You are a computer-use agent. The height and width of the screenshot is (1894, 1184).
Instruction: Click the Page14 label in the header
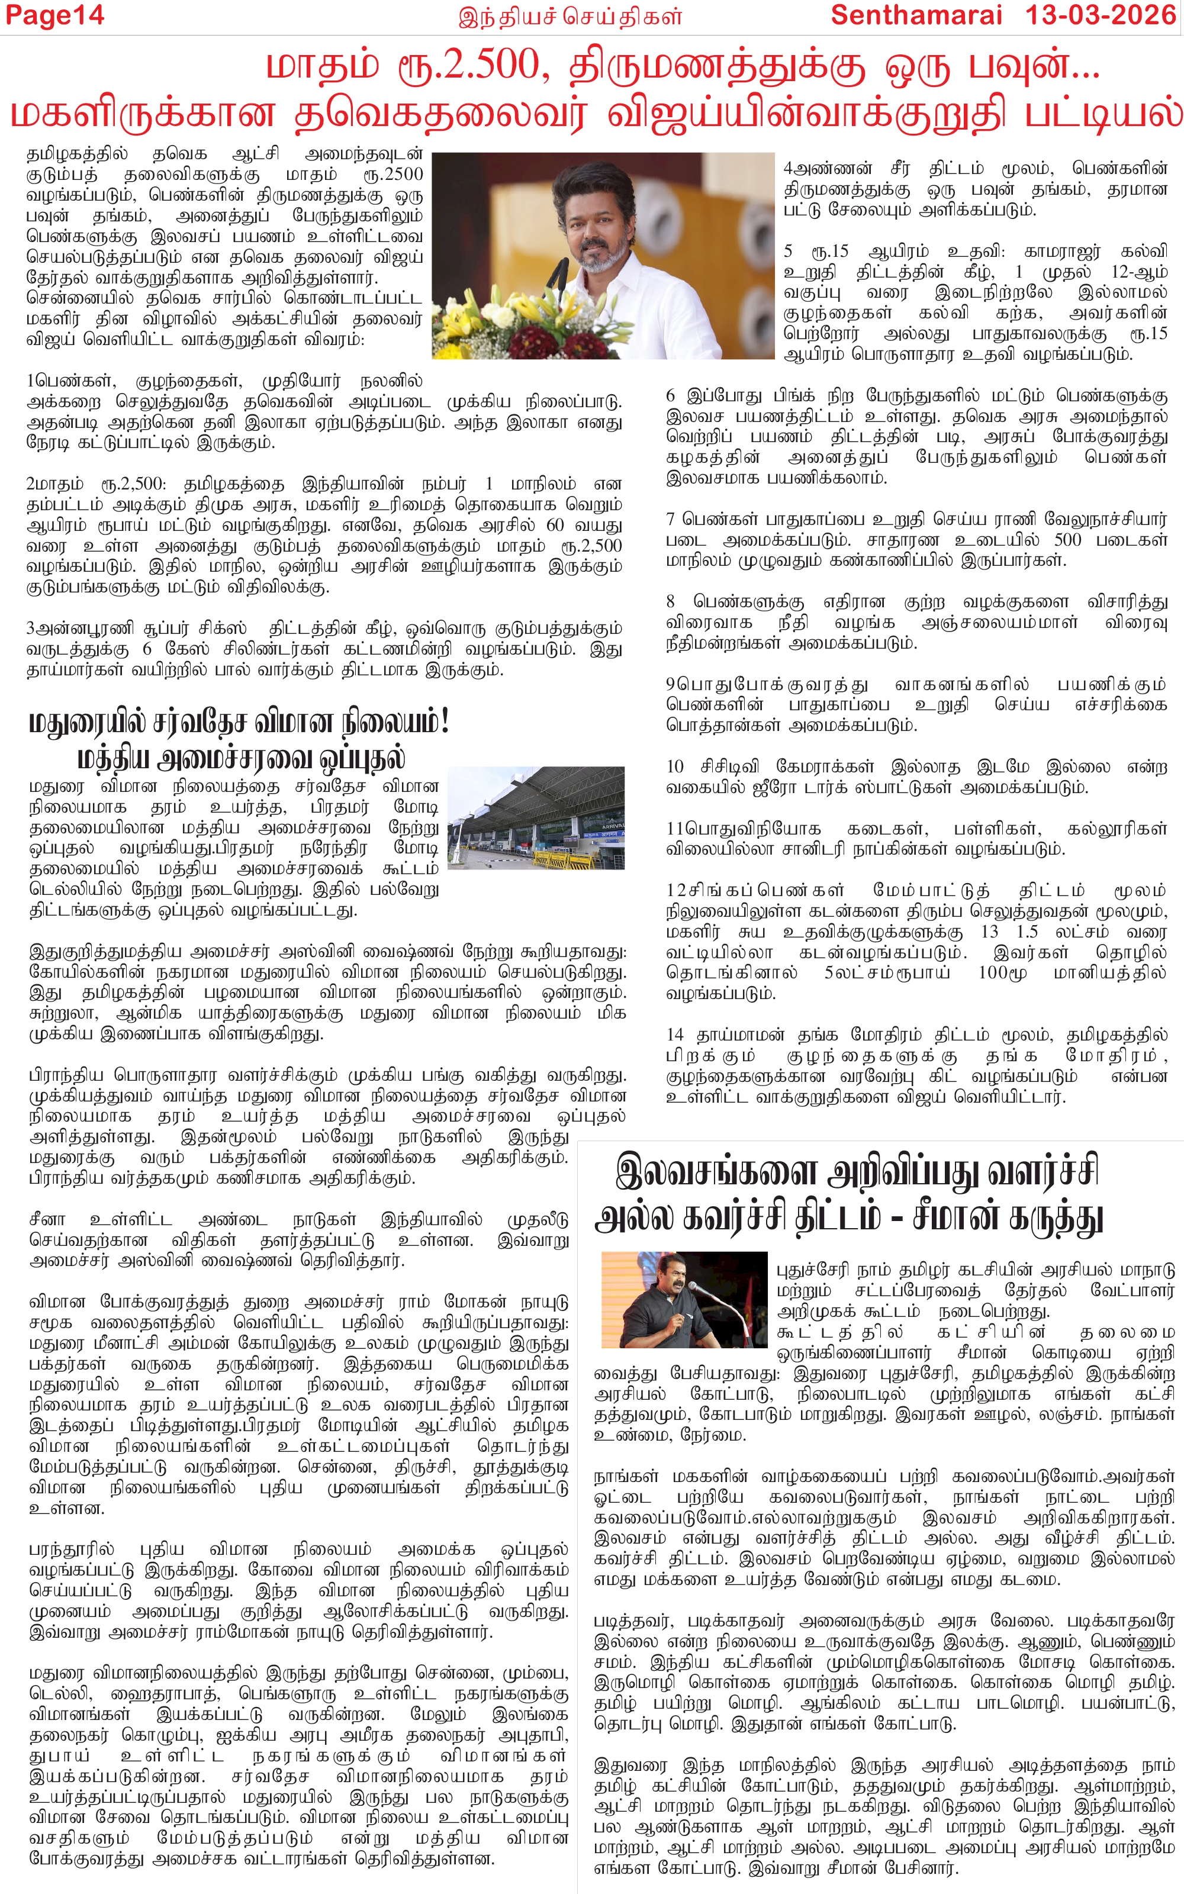click(53, 15)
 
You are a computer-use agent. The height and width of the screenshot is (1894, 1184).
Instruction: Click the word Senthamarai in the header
click(916, 15)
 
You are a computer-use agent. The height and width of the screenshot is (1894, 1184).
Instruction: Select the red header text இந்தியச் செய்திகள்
click(570, 17)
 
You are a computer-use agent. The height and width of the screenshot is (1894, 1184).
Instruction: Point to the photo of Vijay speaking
click(603, 255)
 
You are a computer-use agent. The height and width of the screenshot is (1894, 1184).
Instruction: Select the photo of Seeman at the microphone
click(684, 1300)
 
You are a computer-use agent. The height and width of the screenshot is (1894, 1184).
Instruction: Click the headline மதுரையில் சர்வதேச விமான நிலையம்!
click(239, 721)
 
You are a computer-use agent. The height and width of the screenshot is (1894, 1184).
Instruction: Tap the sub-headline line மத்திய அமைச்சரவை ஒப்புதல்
click(241, 758)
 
